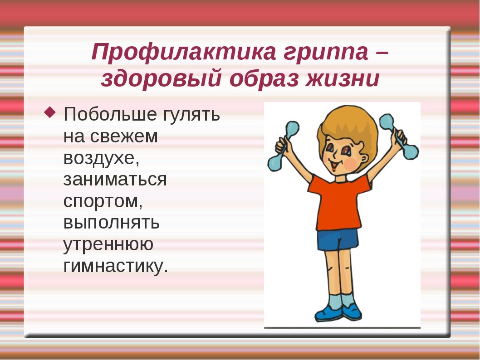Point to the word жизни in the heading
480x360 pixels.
[x=343, y=78]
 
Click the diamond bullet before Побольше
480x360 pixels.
[x=50, y=112]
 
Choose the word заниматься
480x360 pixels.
[x=115, y=180]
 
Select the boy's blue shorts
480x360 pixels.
[x=338, y=239]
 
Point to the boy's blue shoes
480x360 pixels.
[x=338, y=312]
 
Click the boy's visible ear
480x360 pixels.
[x=364, y=159]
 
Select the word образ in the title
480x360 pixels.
[x=264, y=79]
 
